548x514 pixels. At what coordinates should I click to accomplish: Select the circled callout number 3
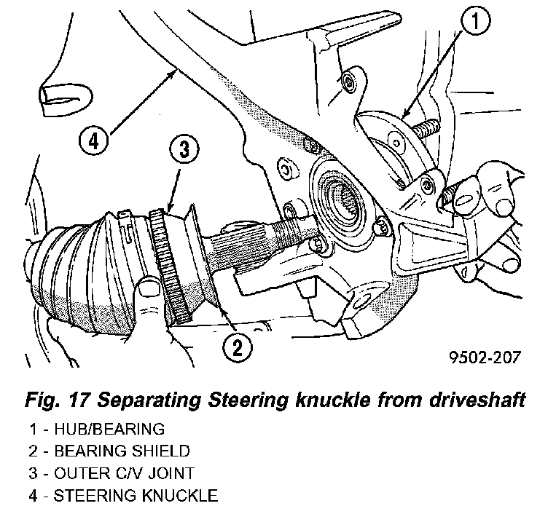click(184, 151)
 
